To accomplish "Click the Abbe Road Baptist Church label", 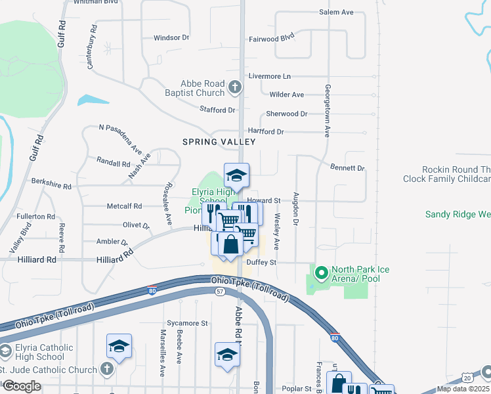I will [203, 88].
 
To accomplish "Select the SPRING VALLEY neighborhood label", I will [218, 142].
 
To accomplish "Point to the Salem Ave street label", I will [336, 12].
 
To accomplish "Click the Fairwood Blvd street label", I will [271, 39].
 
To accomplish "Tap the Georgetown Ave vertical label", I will [326, 110].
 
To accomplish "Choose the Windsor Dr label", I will [171, 37].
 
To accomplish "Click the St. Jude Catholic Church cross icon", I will [108, 370].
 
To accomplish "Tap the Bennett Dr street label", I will [347, 168].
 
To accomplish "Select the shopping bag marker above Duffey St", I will [231, 246].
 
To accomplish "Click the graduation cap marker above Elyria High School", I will [236, 175].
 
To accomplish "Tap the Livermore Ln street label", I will [269, 77].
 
